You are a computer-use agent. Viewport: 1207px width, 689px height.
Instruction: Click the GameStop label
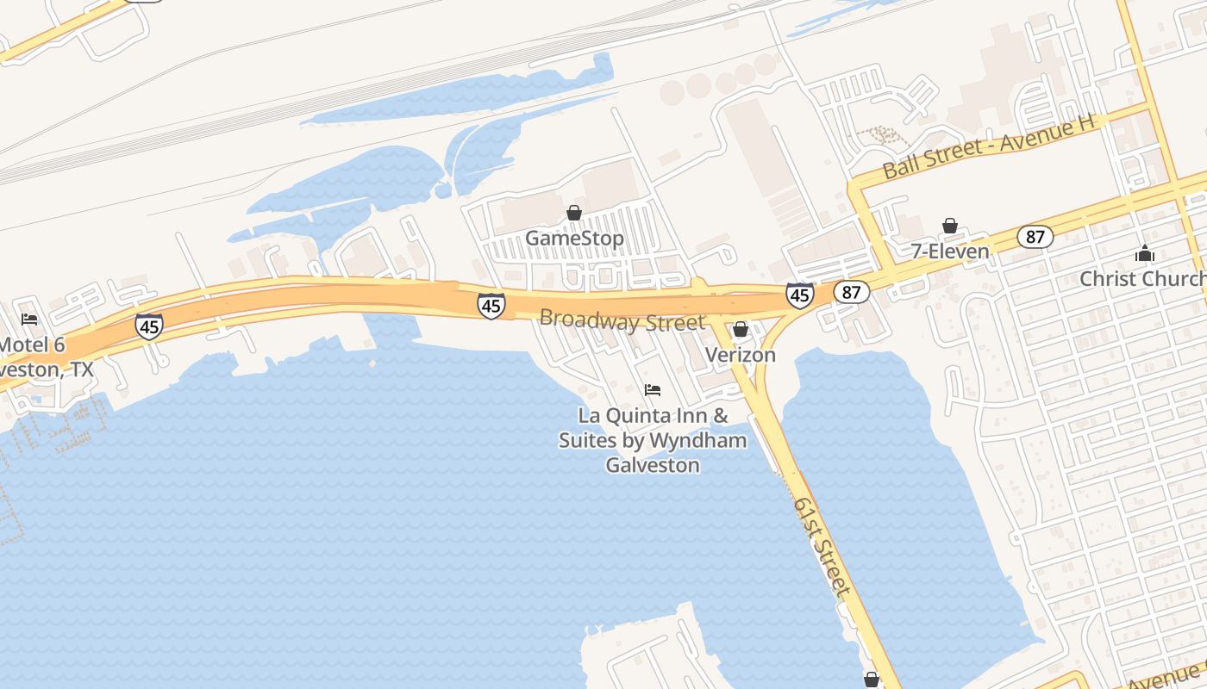[x=574, y=238]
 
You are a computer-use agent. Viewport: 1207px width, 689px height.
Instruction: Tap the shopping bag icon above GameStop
[x=574, y=213]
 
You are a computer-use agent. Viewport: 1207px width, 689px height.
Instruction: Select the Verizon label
[x=741, y=355]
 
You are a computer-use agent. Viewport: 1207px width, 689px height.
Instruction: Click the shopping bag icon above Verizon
[x=741, y=329]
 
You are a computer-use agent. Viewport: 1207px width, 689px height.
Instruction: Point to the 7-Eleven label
[x=950, y=251]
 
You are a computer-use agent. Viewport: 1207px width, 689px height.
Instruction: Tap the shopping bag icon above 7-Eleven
[x=950, y=226]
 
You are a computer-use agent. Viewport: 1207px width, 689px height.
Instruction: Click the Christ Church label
[x=1142, y=279]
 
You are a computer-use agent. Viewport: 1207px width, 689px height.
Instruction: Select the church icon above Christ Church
[x=1145, y=253]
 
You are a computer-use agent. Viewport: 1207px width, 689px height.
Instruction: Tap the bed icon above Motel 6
[x=29, y=320]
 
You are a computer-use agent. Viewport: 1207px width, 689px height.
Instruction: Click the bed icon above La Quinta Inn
[x=653, y=390]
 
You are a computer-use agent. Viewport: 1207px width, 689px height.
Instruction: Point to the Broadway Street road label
[x=622, y=320]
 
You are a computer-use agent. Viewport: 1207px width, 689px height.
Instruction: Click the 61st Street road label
[x=822, y=546]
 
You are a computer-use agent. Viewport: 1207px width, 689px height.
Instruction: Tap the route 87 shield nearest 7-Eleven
[x=1035, y=237]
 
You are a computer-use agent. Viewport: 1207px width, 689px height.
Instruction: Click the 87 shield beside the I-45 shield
[x=851, y=292]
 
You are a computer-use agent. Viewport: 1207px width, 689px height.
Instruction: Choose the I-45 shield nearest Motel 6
[x=149, y=326]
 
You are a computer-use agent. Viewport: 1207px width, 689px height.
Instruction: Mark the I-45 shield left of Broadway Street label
[x=491, y=306]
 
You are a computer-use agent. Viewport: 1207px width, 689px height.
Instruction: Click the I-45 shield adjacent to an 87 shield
[x=800, y=295]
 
